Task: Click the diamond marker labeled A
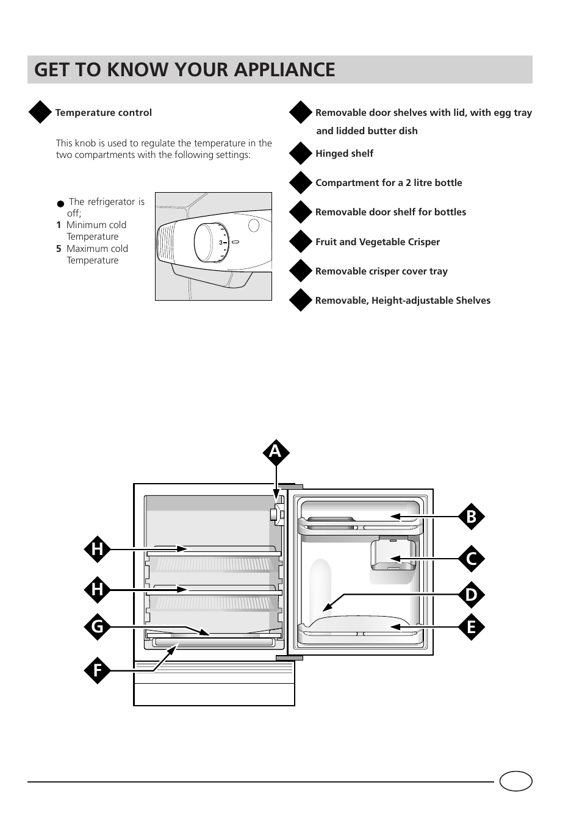pyautogui.click(x=276, y=452)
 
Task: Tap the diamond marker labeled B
pyautogui.click(x=471, y=517)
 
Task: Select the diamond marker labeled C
pyautogui.click(x=471, y=559)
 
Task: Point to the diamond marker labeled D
pyautogui.click(x=471, y=595)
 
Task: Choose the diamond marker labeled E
pyautogui.click(x=471, y=627)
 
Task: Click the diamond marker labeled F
pyautogui.click(x=98, y=671)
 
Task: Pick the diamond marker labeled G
pyautogui.click(x=98, y=626)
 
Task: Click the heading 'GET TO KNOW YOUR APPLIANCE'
pyautogui.click(x=185, y=70)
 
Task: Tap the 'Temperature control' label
pyautogui.click(x=104, y=113)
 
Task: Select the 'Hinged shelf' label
pyautogui.click(x=344, y=154)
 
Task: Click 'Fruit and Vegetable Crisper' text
pyautogui.click(x=377, y=242)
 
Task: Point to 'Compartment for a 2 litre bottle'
pyautogui.click(x=389, y=183)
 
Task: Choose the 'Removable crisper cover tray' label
pyautogui.click(x=381, y=271)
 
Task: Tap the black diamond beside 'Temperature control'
pyautogui.click(x=40, y=112)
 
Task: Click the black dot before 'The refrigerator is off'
pyautogui.click(x=60, y=204)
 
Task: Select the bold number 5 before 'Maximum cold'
pyautogui.click(x=59, y=249)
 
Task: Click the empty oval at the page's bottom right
pyautogui.click(x=516, y=781)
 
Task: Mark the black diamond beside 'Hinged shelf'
pyautogui.click(x=300, y=154)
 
